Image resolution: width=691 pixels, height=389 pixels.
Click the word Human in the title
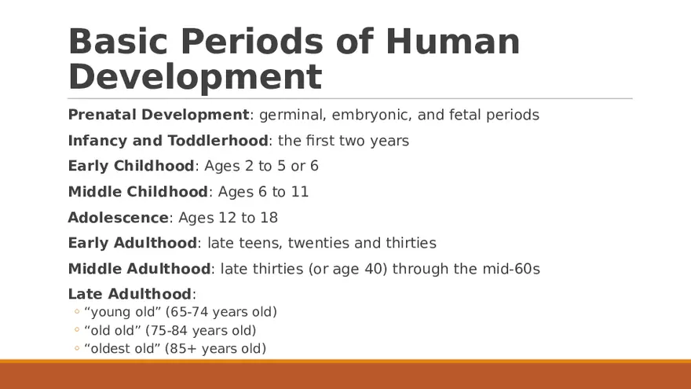(453, 42)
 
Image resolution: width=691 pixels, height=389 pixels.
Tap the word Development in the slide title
(195, 77)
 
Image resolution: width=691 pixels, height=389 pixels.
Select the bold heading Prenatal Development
(159, 115)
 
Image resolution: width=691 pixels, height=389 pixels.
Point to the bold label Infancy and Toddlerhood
(168, 141)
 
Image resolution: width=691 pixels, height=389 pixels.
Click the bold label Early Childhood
(131, 166)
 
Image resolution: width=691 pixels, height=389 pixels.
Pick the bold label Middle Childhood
(138, 192)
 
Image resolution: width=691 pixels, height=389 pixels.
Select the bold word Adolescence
(119, 218)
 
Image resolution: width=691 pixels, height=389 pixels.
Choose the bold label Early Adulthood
(133, 243)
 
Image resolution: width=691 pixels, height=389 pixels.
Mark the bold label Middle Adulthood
(140, 269)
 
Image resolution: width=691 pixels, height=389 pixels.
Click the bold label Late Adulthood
(130, 294)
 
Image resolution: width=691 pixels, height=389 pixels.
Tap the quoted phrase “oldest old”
(122, 348)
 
